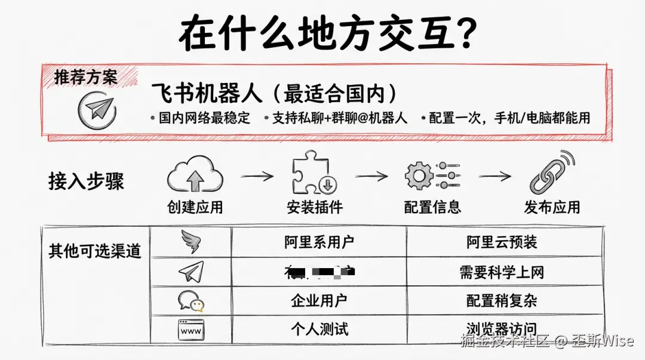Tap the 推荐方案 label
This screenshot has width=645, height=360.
[85, 78]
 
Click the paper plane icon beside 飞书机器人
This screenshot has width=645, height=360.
[97, 110]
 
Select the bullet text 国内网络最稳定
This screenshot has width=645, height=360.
[204, 118]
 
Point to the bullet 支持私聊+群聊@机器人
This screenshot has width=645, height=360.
[339, 118]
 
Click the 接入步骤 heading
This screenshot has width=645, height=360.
[86, 181]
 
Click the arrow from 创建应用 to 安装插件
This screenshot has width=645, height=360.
[257, 177]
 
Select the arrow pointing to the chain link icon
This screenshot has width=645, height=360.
[494, 176]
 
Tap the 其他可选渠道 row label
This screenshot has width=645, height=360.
[94, 251]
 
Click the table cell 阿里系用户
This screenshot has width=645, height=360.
[319, 242]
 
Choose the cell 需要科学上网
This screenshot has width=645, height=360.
[502, 272]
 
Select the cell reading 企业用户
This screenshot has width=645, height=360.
[319, 301]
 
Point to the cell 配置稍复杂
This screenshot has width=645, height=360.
[502, 301]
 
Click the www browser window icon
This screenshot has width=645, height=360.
[191, 330]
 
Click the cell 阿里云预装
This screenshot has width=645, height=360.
[502, 242]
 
